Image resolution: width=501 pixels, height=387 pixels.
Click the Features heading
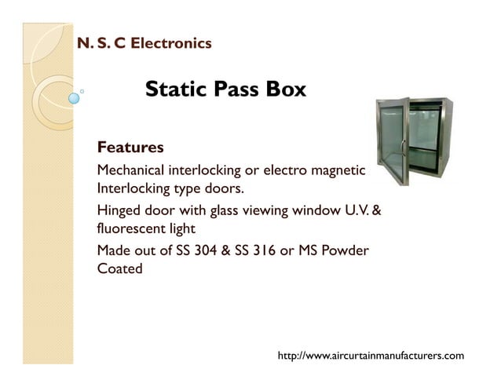click(130, 147)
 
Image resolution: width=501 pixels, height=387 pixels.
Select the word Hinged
click(119, 211)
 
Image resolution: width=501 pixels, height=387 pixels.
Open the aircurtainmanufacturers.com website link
click(371, 356)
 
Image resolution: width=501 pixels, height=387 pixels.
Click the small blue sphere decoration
click(75, 99)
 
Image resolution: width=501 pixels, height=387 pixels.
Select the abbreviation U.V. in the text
click(353, 211)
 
